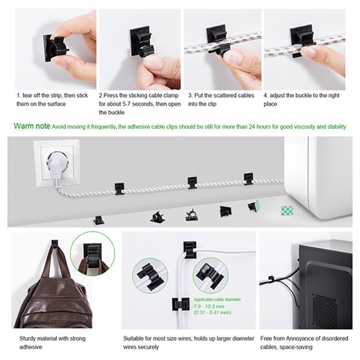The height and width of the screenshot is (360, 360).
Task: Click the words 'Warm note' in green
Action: click(x=32, y=126)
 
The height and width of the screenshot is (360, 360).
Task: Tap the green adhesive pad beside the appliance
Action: click(x=287, y=210)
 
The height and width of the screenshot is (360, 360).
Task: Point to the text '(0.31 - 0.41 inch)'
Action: click(x=212, y=312)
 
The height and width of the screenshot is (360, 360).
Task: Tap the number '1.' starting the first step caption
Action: click(x=19, y=96)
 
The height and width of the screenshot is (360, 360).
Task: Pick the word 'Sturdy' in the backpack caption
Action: click(x=27, y=338)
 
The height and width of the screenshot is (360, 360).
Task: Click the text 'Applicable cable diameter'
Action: click(x=217, y=299)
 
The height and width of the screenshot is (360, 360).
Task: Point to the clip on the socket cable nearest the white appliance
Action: click(x=248, y=179)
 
